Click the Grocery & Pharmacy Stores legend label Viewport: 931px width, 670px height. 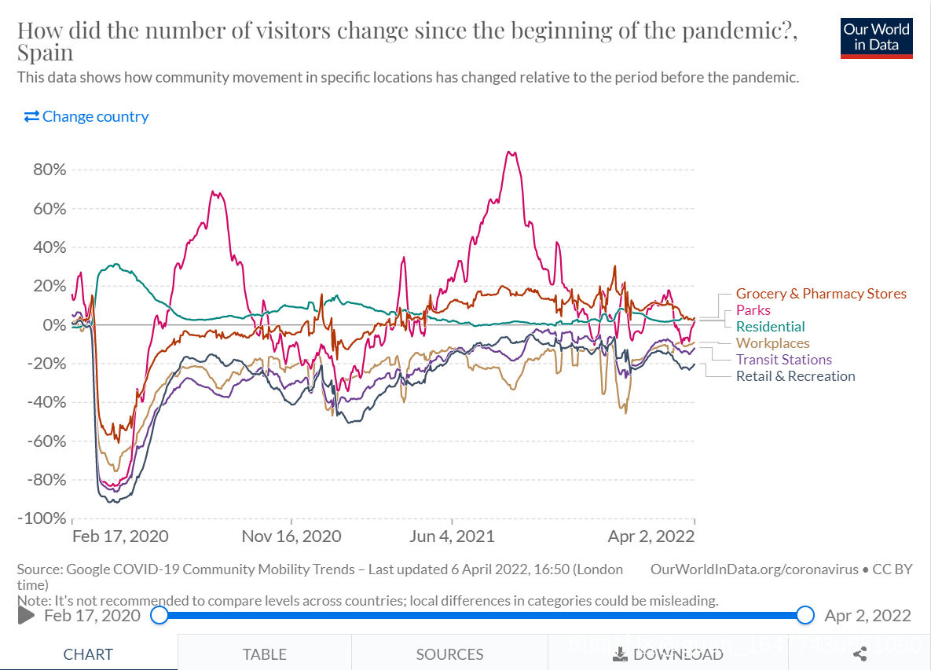[x=820, y=294]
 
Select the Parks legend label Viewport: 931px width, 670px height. [x=753, y=310]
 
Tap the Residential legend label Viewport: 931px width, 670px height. [x=770, y=327]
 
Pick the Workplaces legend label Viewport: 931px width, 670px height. [x=772, y=343]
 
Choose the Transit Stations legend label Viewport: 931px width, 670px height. [x=783, y=360]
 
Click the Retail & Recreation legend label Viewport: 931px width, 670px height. [x=795, y=376]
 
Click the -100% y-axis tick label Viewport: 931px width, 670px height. [x=41, y=518]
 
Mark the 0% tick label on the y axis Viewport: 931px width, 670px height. [x=52, y=325]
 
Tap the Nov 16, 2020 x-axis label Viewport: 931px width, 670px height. [x=291, y=536]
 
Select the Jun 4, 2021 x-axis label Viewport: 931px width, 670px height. [x=453, y=536]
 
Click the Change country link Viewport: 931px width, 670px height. [x=86, y=117]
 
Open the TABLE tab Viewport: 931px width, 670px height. [x=264, y=654]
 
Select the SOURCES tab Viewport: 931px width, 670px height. [x=449, y=654]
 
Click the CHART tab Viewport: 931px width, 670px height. [x=88, y=654]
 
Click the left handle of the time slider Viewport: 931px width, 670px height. [x=159, y=615]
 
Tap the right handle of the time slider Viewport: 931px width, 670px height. [x=805, y=615]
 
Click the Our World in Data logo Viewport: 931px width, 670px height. [x=876, y=37]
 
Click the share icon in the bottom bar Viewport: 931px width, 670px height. [x=860, y=654]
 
